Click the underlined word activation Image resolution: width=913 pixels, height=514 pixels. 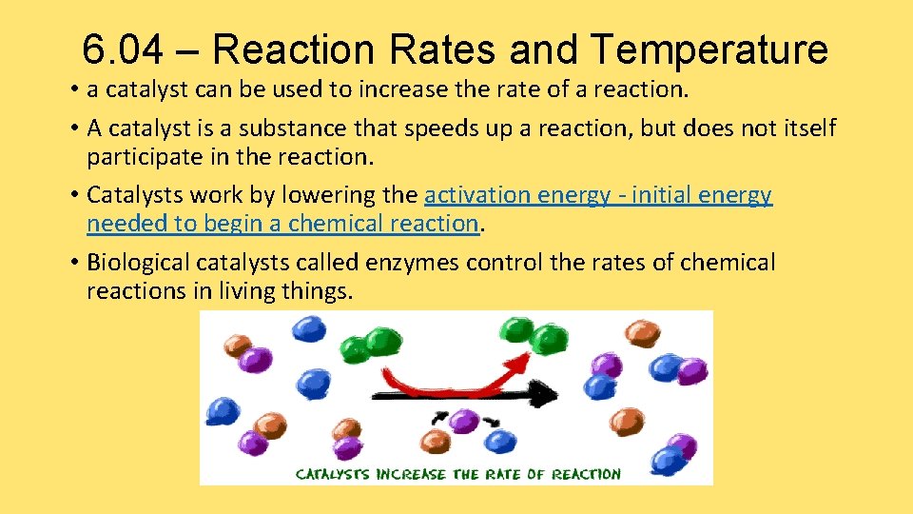pos(477,195)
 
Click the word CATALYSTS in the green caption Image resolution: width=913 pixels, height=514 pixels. pos(335,473)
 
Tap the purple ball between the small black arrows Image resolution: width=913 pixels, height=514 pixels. pos(464,421)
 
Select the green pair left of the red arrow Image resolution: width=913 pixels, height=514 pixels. pos(369,344)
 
